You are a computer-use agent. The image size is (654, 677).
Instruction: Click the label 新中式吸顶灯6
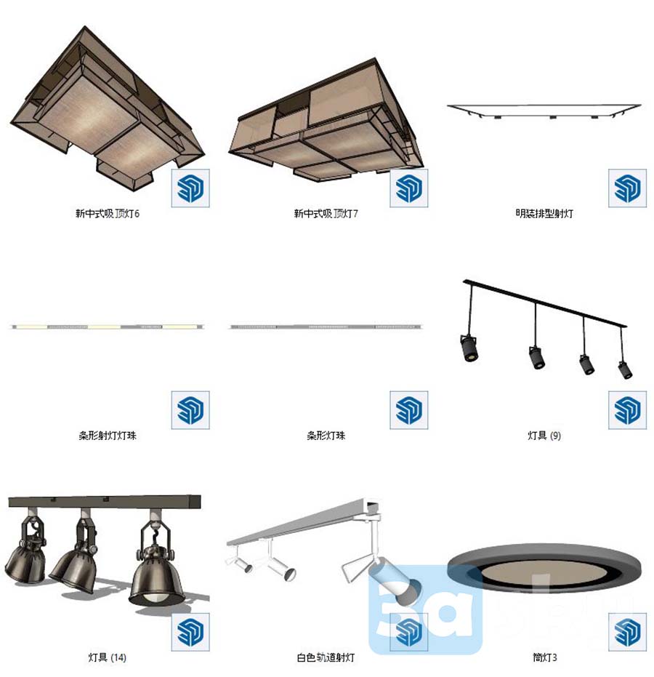(x=108, y=213)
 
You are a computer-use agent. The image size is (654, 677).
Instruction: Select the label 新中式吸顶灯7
(x=326, y=213)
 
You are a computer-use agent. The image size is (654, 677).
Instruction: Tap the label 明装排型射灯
(x=544, y=213)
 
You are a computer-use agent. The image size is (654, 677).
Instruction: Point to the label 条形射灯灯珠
(x=108, y=435)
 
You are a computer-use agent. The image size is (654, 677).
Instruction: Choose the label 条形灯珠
(x=326, y=435)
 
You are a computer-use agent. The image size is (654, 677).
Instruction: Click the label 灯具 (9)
(x=544, y=435)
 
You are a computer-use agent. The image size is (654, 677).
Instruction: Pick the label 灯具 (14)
(x=108, y=657)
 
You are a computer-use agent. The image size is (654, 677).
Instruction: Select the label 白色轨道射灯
(x=326, y=657)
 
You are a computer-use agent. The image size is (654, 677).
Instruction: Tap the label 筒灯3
(x=544, y=657)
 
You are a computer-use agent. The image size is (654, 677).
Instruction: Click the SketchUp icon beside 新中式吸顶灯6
(x=190, y=188)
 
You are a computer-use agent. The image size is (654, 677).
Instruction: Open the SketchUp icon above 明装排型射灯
(x=627, y=188)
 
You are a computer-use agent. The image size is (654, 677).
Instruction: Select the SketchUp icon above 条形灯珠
(x=409, y=410)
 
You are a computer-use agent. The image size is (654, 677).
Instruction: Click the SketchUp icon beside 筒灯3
(x=627, y=632)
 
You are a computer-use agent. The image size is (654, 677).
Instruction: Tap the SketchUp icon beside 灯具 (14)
(x=190, y=632)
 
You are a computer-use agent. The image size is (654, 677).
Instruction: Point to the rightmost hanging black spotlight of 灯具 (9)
(x=626, y=370)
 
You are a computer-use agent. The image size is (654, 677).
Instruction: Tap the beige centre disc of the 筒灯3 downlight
(x=544, y=573)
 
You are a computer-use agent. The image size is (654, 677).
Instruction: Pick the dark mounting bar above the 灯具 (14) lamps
(x=105, y=501)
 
